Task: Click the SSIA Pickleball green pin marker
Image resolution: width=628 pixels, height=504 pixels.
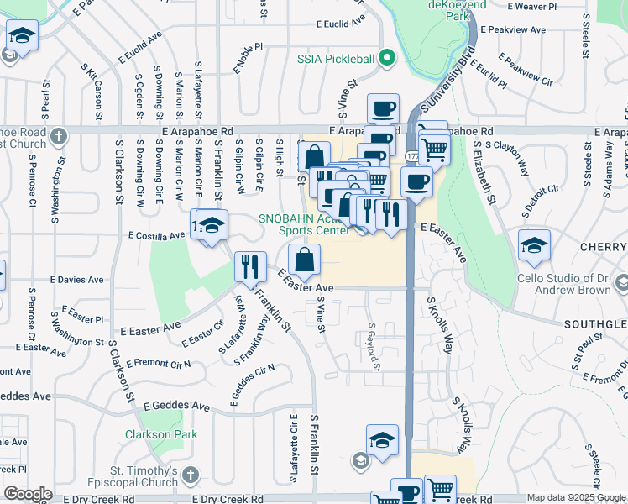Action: coord(386,58)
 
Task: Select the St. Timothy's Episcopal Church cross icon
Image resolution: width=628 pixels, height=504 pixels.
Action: coord(191,476)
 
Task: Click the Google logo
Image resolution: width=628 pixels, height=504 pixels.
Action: coord(28,494)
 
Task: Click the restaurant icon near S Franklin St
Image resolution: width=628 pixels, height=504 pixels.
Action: coord(250,267)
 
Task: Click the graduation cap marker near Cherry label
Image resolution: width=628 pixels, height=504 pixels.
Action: coord(534,244)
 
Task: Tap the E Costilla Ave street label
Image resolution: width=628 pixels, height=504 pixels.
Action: coord(157,237)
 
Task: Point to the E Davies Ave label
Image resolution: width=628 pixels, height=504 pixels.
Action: coord(76,278)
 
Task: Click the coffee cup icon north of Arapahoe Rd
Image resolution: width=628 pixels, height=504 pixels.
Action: coord(384,108)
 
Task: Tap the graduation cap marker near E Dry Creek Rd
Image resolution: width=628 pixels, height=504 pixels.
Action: coord(381,440)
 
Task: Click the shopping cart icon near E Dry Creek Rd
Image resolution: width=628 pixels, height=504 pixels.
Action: coord(440,490)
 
